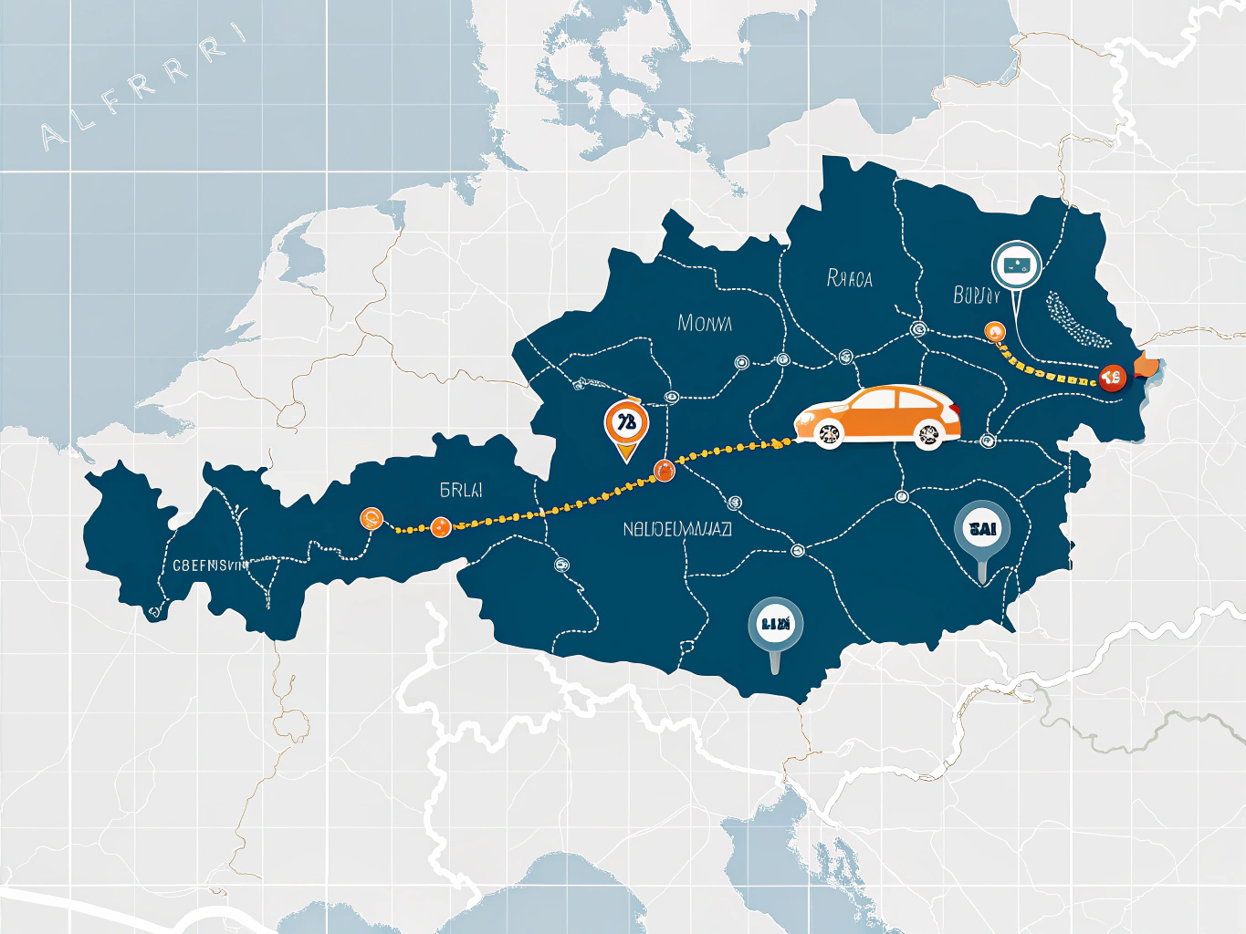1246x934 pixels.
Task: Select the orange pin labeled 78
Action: point(626,423)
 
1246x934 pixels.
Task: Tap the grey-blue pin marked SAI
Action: point(982,529)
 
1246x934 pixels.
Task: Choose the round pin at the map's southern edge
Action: point(775,625)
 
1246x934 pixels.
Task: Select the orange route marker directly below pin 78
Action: point(664,471)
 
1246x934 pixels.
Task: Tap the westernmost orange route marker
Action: point(372,518)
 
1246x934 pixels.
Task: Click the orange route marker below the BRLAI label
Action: point(441,526)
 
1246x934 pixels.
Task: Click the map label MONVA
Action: point(705,323)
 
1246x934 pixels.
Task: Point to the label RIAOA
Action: point(849,278)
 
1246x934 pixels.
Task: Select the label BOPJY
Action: point(977,296)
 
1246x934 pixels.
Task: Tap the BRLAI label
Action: point(461,490)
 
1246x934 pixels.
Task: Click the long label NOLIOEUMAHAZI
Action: point(677,529)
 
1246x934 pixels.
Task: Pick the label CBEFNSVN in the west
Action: point(210,566)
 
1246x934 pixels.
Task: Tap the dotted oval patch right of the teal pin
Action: point(1077,320)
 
